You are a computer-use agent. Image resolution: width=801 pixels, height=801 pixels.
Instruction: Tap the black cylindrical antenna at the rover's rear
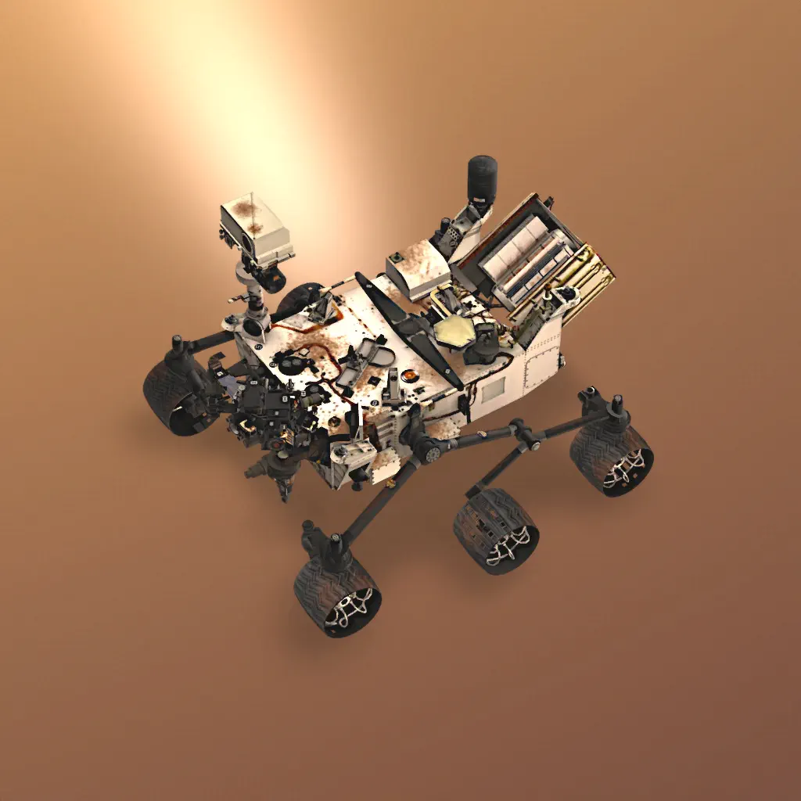(x=482, y=178)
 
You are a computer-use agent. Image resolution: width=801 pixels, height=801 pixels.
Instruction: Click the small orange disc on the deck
(x=407, y=375)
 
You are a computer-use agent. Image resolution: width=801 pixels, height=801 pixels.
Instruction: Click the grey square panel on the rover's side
(x=493, y=389)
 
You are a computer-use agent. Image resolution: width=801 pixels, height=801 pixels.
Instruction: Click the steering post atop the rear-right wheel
(x=616, y=407)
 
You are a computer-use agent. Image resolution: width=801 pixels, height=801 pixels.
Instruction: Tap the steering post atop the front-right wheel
(x=335, y=544)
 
